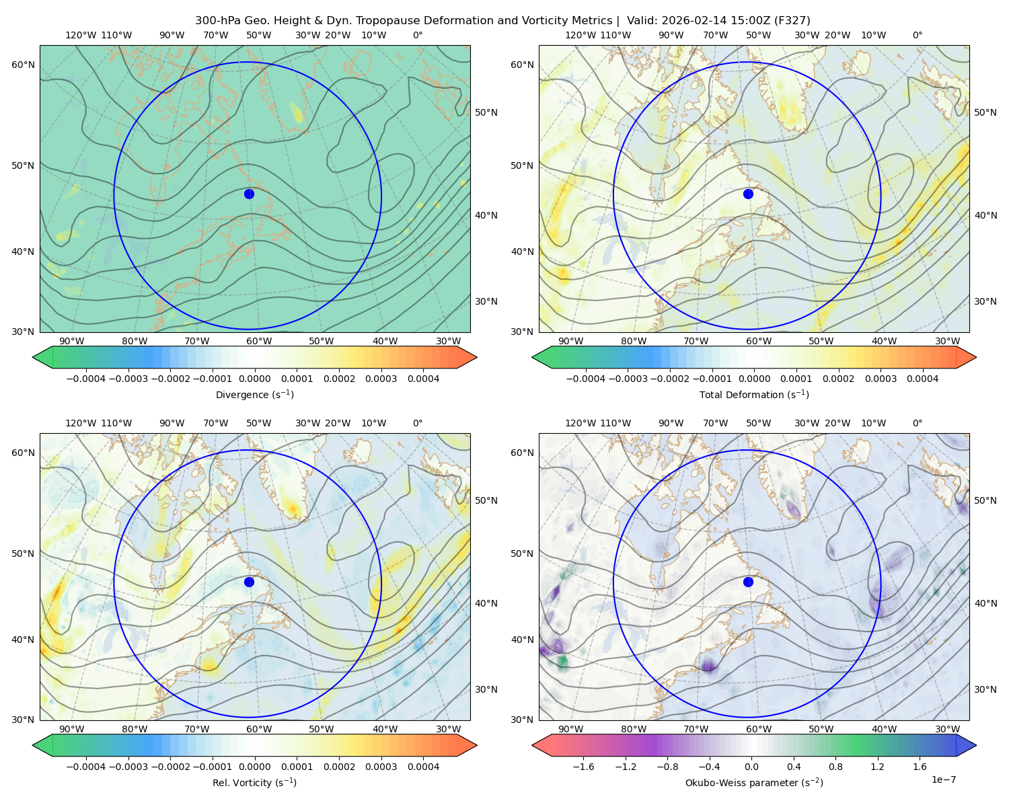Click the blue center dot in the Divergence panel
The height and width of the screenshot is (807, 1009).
(x=249, y=194)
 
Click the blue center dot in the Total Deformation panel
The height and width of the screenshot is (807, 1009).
(x=748, y=194)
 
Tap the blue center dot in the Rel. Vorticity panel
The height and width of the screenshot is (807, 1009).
(x=249, y=582)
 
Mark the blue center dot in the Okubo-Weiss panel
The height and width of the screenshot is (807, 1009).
(x=748, y=582)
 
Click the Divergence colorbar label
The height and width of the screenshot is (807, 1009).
(x=254, y=394)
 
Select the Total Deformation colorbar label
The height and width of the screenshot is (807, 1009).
(x=754, y=394)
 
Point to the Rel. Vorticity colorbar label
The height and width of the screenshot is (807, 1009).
(x=254, y=783)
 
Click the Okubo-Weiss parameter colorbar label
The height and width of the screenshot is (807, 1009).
(x=754, y=783)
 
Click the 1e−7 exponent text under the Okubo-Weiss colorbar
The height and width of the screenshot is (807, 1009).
(x=943, y=779)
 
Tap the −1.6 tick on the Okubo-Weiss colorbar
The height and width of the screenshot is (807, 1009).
(x=583, y=767)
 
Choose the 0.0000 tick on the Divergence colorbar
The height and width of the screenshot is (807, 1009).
(x=254, y=379)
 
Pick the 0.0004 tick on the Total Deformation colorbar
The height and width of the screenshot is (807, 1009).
(x=922, y=379)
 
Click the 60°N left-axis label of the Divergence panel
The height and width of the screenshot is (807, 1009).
(x=23, y=65)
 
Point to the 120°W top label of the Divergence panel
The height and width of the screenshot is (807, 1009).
(x=81, y=35)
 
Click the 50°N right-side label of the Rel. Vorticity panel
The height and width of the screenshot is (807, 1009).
(x=486, y=500)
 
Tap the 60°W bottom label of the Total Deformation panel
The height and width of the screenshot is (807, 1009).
(x=758, y=341)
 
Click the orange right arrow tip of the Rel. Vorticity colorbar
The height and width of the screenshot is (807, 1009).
(x=476, y=745)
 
